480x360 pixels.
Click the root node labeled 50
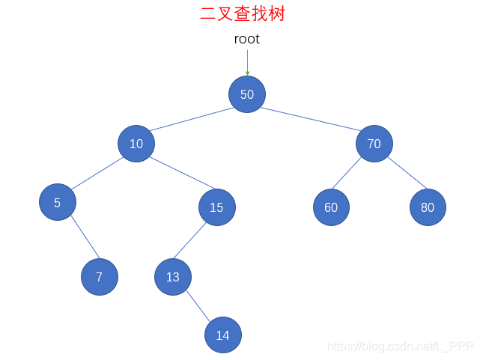[x=247, y=94]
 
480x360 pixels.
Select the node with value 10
[x=136, y=144]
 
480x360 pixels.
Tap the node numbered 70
[x=374, y=144]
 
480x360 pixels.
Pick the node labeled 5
[x=58, y=202]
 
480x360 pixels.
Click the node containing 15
[x=217, y=207]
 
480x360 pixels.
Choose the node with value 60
[x=331, y=207]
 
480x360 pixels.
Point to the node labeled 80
[x=428, y=207]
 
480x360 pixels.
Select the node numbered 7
[x=100, y=277]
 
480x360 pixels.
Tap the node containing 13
[x=173, y=277]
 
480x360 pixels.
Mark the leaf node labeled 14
[x=223, y=335]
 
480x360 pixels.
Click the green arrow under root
[x=247, y=62]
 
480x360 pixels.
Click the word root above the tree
[x=247, y=39]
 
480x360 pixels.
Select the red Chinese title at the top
[x=243, y=13]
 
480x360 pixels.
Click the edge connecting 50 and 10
[x=192, y=120]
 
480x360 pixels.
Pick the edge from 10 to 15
[x=177, y=173]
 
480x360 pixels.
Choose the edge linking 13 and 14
[x=198, y=306]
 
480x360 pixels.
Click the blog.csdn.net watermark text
[x=401, y=346]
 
